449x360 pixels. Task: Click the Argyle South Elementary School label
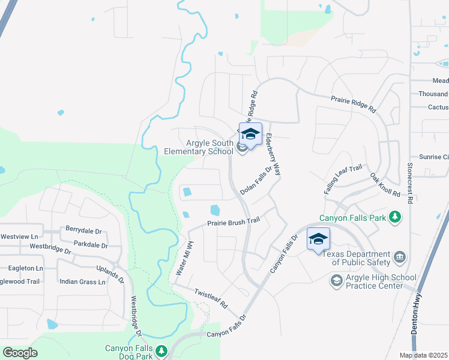click(x=199, y=147)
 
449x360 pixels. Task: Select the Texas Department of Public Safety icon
click(x=400, y=258)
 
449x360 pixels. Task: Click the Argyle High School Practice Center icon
click(x=336, y=280)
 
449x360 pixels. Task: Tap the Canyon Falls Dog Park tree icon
click(x=160, y=351)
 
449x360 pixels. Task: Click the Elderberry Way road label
click(x=274, y=154)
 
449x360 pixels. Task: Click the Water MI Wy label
click(x=184, y=259)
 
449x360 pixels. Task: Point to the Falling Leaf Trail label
click(x=344, y=179)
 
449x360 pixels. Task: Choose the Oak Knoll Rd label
click(x=385, y=185)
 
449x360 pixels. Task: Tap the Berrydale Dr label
click(x=84, y=230)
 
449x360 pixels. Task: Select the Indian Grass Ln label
click(x=82, y=281)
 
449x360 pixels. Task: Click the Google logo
click(x=20, y=352)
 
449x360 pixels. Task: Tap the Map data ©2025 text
click(x=424, y=355)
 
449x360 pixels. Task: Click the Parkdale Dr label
click(x=90, y=245)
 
